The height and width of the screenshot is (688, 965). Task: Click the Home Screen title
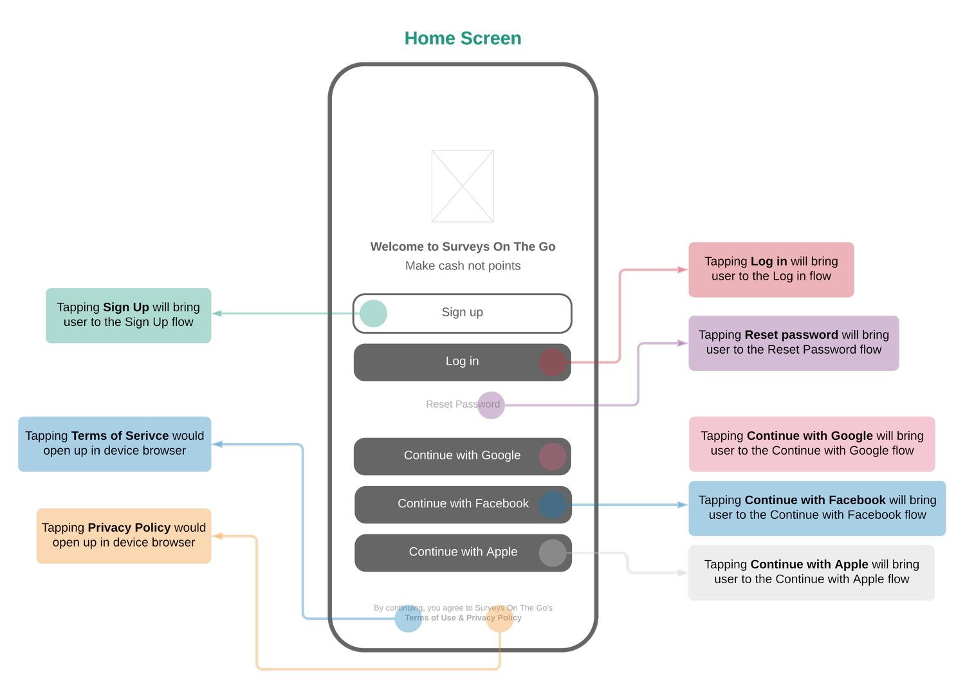click(x=463, y=39)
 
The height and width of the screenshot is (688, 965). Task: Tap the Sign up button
click(x=462, y=313)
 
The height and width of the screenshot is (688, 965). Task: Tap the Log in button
click(x=462, y=362)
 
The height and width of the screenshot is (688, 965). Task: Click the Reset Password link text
click(x=462, y=404)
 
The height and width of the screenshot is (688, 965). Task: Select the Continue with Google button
click(x=462, y=456)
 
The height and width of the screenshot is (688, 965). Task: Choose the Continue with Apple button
click(x=463, y=552)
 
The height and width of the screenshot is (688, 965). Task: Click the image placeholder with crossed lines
click(x=463, y=186)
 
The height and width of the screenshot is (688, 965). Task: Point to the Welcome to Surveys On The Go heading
click(x=463, y=247)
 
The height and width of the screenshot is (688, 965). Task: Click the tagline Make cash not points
click(x=463, y=266)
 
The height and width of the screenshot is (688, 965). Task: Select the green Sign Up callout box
click(x=128, y=315)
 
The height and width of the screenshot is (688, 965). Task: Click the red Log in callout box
click(x=771, y=269)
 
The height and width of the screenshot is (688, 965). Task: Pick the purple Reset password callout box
click(x=793, y=343)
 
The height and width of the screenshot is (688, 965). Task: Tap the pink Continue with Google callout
click(x=812, y=444)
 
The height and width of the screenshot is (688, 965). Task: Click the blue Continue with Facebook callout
click(x=817, y=508)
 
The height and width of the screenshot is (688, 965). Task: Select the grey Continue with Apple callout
click(x=811, y=572)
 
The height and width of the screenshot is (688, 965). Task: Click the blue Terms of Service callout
click(x=115, y=444)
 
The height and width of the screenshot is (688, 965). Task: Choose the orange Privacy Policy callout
click(x=124, y=536)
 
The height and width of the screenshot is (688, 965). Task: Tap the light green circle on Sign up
click(x=373, y=313)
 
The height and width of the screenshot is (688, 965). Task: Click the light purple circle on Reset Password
click(x=491, y=405)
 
